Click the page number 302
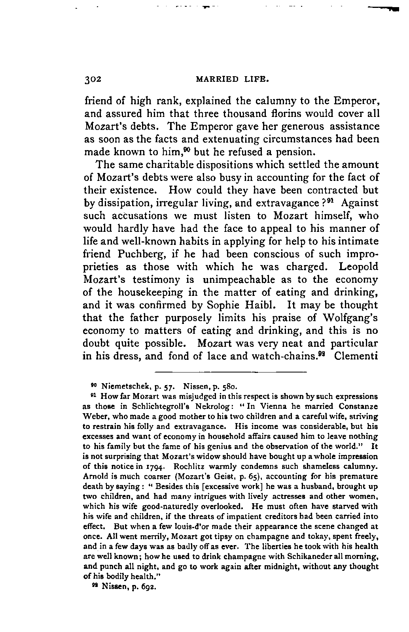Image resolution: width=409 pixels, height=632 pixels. click(x=93, y=79)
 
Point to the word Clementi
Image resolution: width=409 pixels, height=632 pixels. click(x=356, y=356)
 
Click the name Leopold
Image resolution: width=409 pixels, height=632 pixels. click(x=358, y=267)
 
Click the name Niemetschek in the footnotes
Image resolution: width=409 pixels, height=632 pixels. click(x=125, y=385)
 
